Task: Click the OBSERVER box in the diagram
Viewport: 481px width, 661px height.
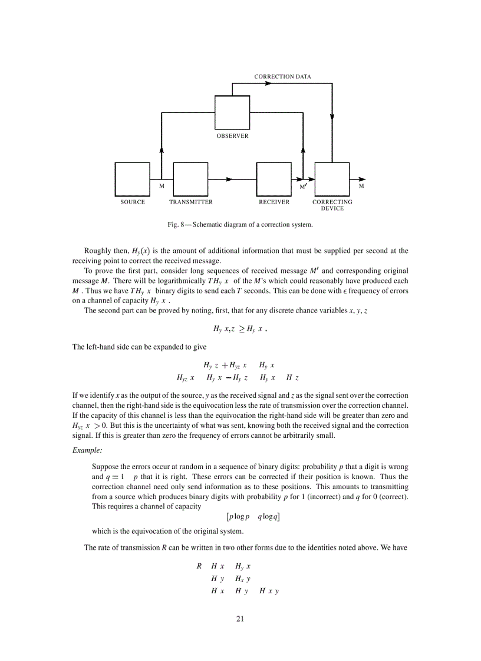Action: [232, 112]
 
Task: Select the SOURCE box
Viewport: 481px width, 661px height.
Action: [133, 179]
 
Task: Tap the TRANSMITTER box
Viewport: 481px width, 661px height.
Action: [190, 179]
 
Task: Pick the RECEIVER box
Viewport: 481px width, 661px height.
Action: [274, 179]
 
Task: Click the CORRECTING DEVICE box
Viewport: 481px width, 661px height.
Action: [332, 179]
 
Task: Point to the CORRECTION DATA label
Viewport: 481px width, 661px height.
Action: [282, 77]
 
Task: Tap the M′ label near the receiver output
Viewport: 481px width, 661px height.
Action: [303, 187]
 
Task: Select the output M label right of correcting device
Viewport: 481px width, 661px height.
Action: [361, 186]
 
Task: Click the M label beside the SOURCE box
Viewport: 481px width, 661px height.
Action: [162, 186]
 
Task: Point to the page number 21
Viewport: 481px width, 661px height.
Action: [240, 619]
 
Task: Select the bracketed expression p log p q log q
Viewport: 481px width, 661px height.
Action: [253, 517]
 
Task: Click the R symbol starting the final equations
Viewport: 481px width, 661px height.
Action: [199, 566]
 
